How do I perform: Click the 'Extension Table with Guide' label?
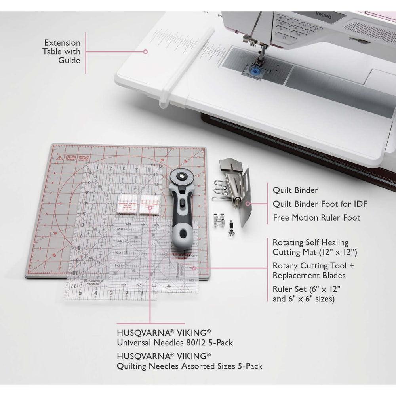62,51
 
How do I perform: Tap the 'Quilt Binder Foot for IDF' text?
320,204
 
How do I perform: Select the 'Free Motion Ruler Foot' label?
316,218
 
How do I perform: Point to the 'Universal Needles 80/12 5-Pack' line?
175,343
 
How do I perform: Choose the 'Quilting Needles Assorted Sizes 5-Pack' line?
189,366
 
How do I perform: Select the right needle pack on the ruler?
148,204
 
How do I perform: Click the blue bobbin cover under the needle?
253,71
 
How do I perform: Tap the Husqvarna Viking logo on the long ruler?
93,282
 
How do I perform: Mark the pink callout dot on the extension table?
145,51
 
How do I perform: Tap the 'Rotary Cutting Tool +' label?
309,265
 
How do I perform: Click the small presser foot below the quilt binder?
219,219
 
